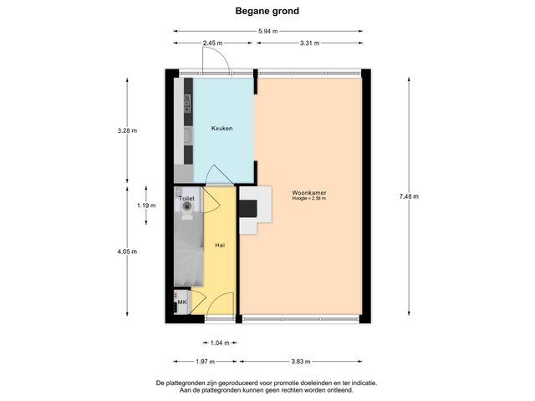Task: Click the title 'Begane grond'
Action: click(x=267, y=12)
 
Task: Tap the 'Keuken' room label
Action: click(x=222, y=129)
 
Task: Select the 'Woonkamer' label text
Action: click(x=309, y=193)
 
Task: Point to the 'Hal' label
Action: click(x=220, y=246)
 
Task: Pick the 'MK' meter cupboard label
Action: click(x=181, y=302)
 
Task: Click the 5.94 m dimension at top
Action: click(x=267, y=32)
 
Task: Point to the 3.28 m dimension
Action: click(x=127, y=130)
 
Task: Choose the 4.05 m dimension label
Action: click(x=127, y=251)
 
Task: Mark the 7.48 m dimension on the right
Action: click(x=409, y=196)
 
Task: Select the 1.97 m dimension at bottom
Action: click(x=206, y=362)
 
